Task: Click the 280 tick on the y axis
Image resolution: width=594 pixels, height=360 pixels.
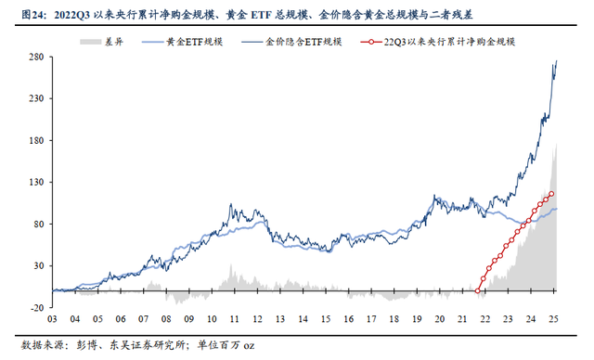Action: click(41, 57)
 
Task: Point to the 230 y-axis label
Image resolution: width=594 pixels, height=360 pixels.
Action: click(41, 98)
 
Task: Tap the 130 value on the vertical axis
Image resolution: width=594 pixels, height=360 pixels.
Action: click(41, 182)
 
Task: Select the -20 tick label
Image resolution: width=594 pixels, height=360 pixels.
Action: click(42, 307)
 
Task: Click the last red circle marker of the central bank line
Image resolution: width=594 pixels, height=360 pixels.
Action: click(552, 194)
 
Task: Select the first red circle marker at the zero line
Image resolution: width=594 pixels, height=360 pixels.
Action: click(478, 290)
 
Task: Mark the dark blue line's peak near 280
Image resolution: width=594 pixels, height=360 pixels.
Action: click(556, 61)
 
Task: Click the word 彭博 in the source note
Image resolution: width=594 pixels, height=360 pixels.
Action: click(80, 344)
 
